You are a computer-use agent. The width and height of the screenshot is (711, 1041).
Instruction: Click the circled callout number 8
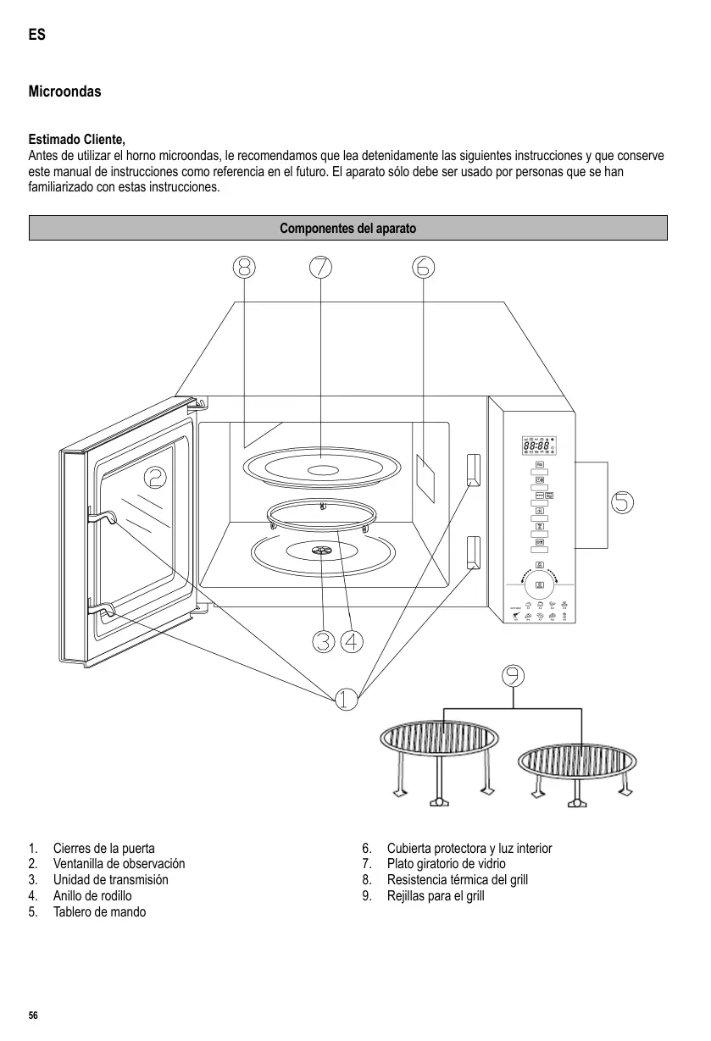(x=244, y=267)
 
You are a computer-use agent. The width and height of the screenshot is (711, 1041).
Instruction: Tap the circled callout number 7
(x=320, y=267)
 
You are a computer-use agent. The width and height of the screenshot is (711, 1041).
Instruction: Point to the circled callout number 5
(x=622, y=502)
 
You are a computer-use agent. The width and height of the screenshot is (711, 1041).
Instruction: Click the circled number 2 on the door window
(x=155, y=479)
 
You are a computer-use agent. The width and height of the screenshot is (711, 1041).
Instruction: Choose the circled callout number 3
(x=323, y=642)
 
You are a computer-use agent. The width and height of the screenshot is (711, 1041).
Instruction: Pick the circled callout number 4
(x=353, y=642)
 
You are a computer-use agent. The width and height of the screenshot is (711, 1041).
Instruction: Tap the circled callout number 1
(x=345, y=700)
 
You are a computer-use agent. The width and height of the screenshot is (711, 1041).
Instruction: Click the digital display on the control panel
(x=539, y=446)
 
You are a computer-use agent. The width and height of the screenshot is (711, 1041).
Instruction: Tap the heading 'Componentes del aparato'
(x=348, y=229)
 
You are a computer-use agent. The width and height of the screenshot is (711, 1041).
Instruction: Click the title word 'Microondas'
(x=64, y=91)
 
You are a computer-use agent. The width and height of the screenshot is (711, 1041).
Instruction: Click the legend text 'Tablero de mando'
(x=99, y=912)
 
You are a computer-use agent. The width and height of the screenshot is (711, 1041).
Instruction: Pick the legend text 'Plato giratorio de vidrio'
(x=447, y=864)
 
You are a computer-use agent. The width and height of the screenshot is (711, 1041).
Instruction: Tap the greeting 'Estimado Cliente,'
(x=77, y=140)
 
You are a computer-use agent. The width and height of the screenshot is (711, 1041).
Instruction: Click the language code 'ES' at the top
(x=36, y=36)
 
